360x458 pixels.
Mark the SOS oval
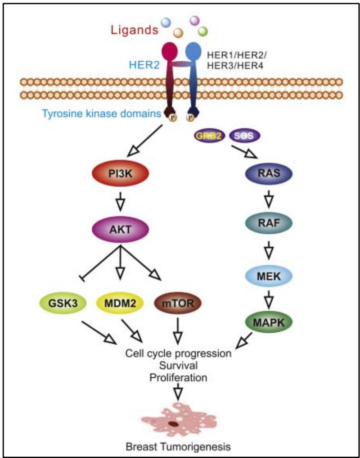245,135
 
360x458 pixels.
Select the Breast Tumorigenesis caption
179,447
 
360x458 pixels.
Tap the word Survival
179,365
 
